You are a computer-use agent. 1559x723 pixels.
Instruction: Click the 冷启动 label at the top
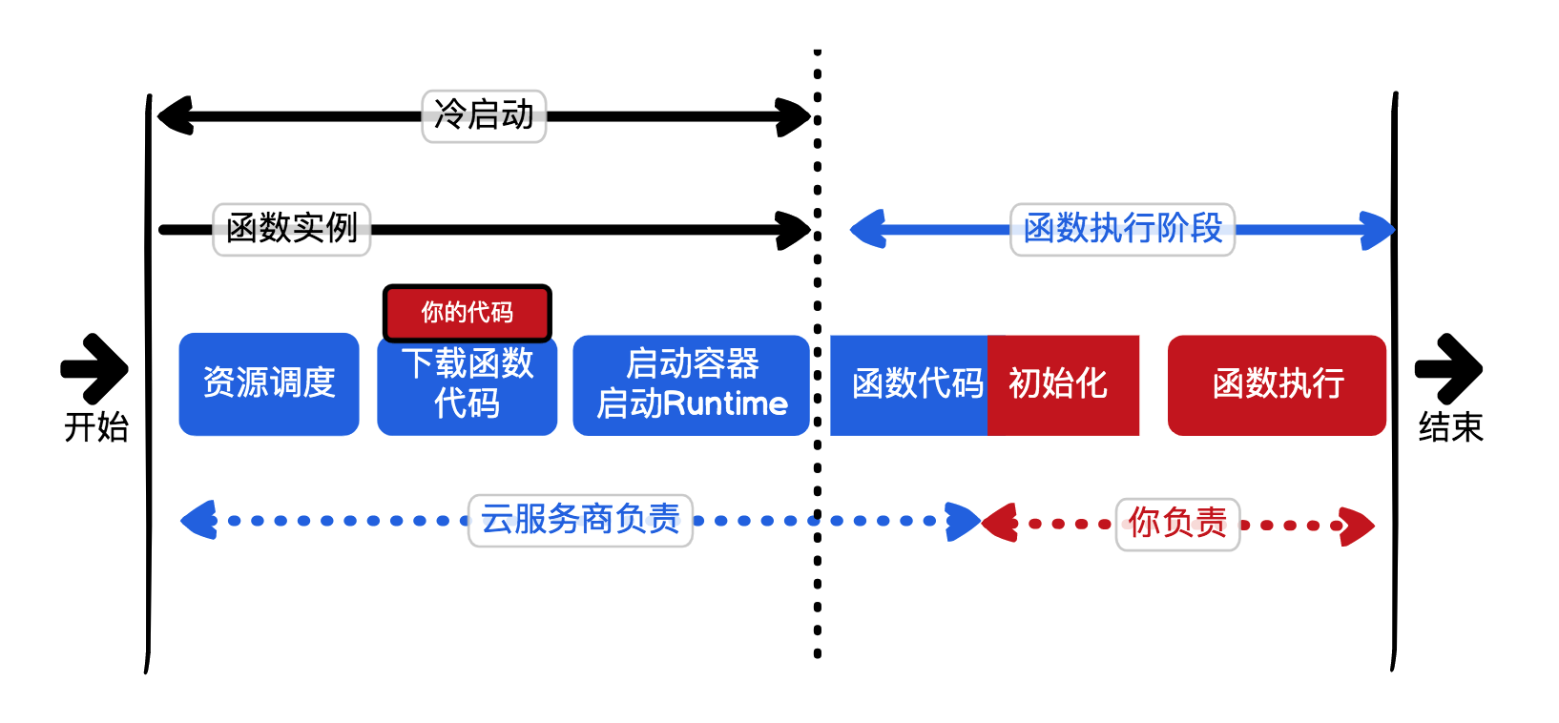[484, 116]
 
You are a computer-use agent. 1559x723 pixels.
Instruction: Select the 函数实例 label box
[291, 229]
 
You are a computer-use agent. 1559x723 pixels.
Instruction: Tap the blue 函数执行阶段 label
[1122, 229]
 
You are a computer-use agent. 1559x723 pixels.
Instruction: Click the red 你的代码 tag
[468, 312]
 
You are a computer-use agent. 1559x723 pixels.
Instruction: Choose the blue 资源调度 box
[269, 383]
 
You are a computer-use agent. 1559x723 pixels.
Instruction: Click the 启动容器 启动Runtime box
[691, 384]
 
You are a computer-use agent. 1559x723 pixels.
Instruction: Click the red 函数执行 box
[1277, 384]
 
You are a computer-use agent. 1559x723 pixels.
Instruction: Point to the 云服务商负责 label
[580, 520]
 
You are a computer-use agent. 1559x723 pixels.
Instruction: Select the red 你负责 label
[1177, 524]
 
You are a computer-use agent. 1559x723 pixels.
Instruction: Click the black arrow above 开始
[96, 368]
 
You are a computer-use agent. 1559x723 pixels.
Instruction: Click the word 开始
[96, 426]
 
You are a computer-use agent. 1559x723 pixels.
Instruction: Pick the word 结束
[1450, 426]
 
